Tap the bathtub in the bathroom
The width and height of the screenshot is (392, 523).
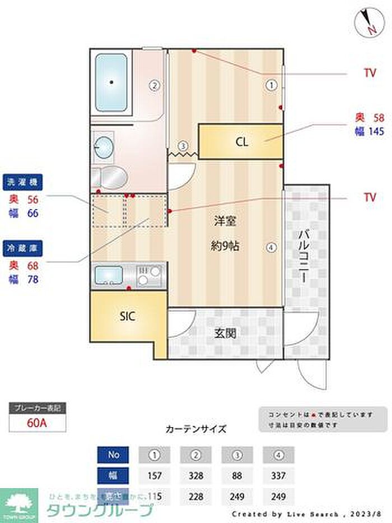(x=112, y=82)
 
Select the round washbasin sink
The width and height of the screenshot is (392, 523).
(x=104, y=148)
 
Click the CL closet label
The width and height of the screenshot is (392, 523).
(x=241, y=142)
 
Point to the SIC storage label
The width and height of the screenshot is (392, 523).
(x=128, y=316)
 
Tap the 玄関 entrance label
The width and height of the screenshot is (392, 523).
(x=225, y=333)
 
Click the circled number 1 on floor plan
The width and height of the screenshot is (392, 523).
(x=271, y=85)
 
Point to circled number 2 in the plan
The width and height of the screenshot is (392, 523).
(x=155, y=86)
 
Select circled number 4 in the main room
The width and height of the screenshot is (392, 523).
(x=271, y=247)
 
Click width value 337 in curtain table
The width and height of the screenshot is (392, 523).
(x=278, y=475)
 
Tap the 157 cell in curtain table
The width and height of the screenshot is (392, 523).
(x=154, y=475)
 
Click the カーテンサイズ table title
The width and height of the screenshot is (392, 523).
(x=196, y=429)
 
